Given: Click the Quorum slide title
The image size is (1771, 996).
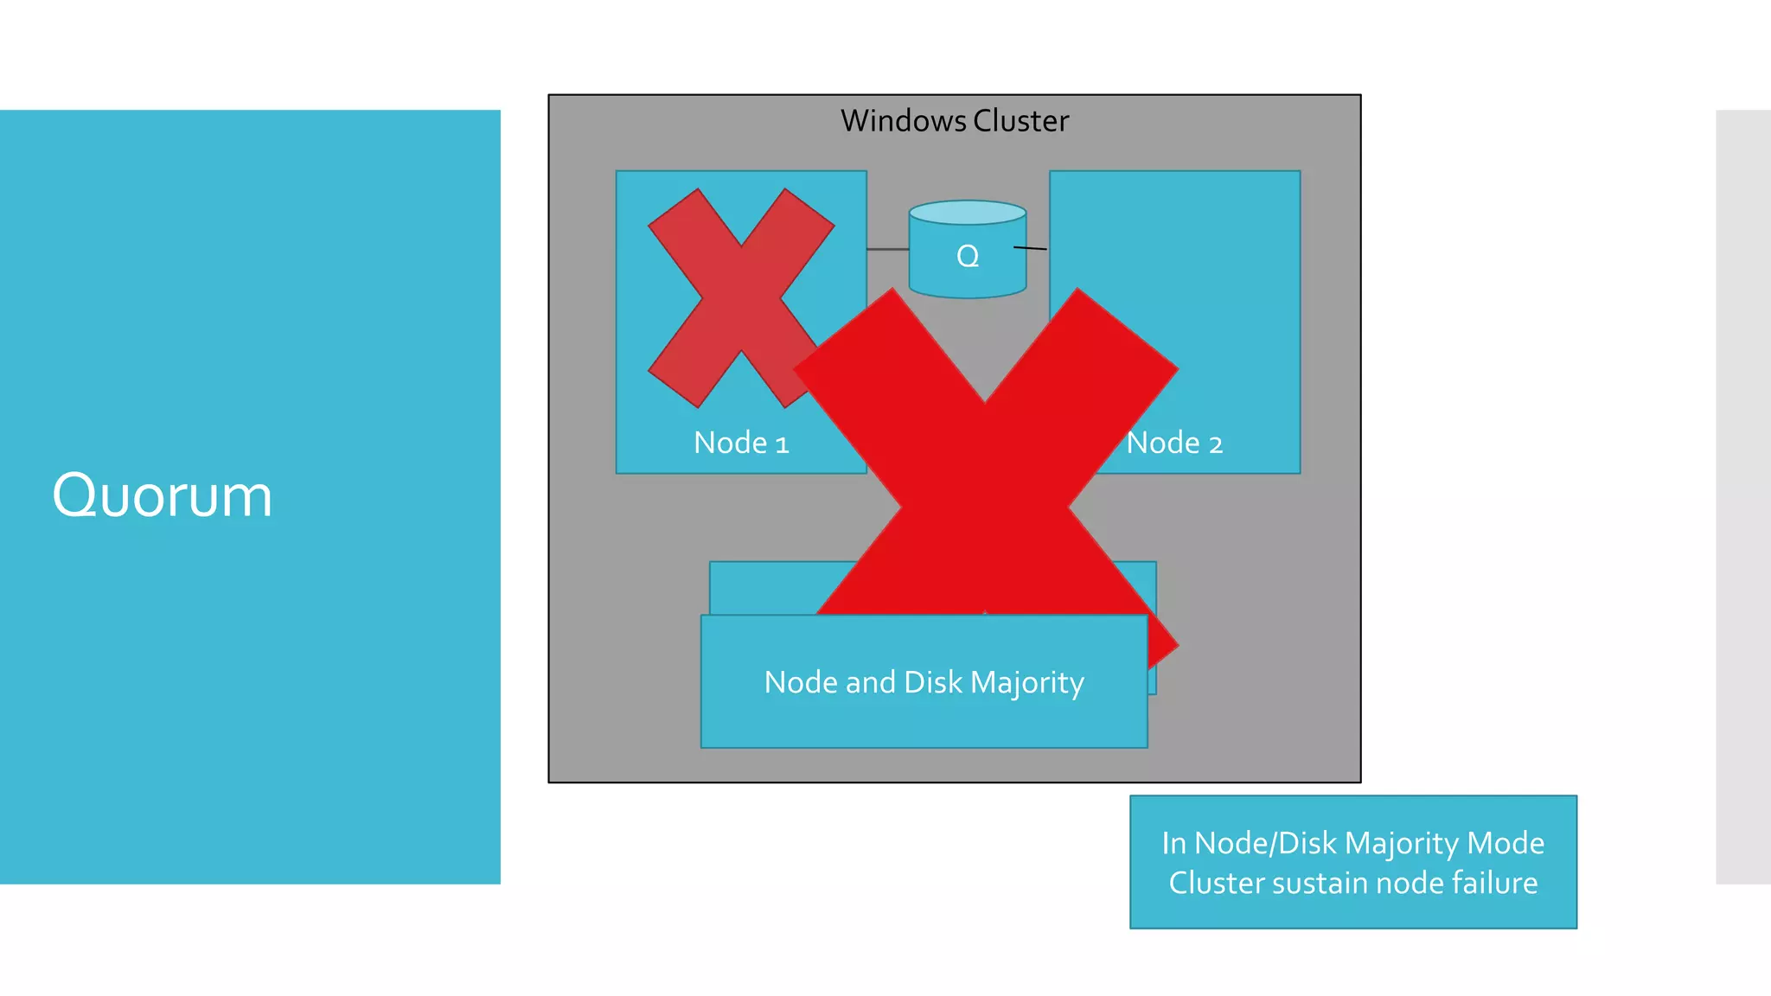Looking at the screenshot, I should [x=162, y=495].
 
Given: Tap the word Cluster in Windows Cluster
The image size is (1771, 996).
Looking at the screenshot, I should [x=1020, y=121].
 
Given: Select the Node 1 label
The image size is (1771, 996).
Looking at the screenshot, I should [x=741, y=443].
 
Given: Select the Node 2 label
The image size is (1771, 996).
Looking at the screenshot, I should [x=1174, y=443].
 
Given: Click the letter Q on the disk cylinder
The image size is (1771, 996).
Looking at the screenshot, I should [x=968, y=256].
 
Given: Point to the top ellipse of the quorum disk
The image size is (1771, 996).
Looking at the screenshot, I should [x=968, y=213].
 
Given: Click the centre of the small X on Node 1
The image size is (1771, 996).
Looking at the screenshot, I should [x=741, y=298].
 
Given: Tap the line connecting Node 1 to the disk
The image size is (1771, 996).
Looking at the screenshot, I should [x=887, y=249].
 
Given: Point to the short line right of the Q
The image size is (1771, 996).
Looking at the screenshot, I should [x=1030, y=248].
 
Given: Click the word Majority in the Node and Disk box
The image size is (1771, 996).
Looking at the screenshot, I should [x=1026, y=683].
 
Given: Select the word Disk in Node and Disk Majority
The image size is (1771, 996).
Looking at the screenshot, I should [x=932, y=682].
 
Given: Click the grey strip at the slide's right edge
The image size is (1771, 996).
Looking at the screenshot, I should [x=1742, y=496].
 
